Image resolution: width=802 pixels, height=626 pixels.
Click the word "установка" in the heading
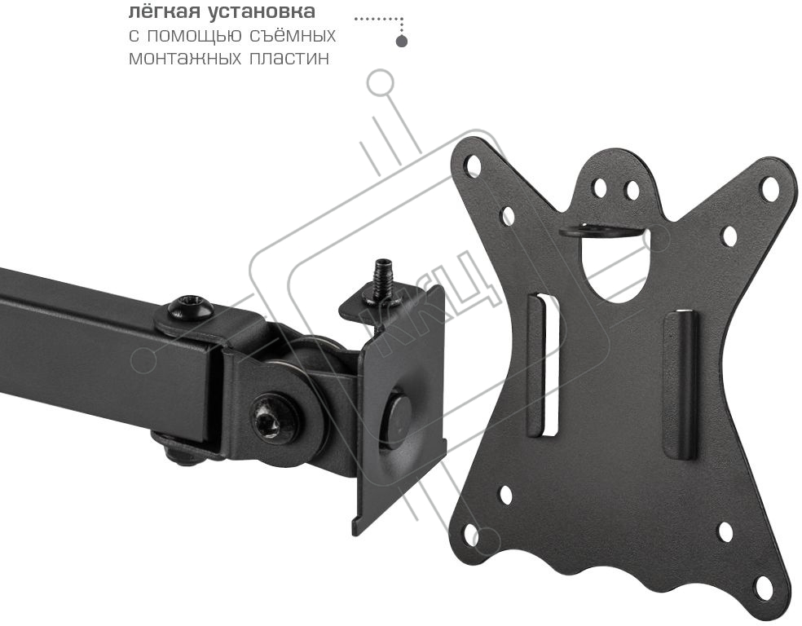click(262, 11)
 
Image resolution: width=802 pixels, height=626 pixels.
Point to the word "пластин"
click(290, 58)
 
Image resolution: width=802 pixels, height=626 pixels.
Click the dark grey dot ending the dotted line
click(402, 41)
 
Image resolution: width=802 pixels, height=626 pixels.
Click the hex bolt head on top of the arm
click(191, 308)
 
